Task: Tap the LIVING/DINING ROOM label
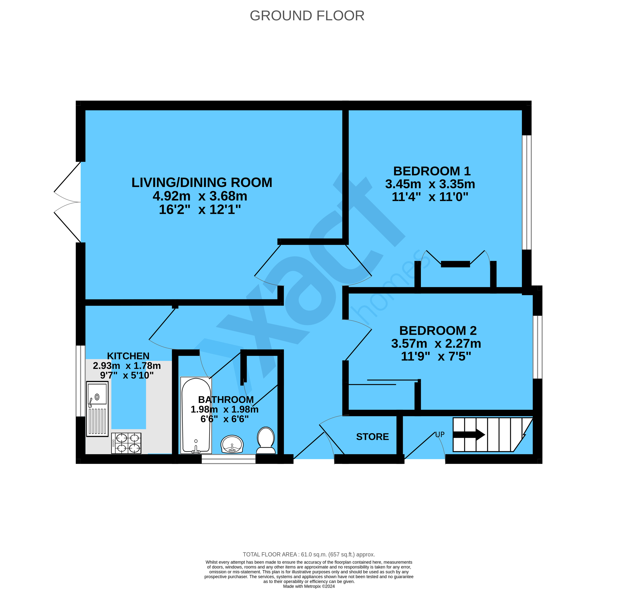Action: [x=202, y=182]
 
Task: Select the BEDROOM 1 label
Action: [x=432, y=171]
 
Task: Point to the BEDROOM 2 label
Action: [x=438, y=331]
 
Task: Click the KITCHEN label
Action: [x=128, y=356]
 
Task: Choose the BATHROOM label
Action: [x=226, y=400]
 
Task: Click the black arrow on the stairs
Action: [x=469, y=435]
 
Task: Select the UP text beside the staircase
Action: [x=440, y=434]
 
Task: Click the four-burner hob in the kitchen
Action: [x=126, y=443]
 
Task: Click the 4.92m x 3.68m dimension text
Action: [x=200, y=196]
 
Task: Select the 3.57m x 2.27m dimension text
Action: [x=436, y=343]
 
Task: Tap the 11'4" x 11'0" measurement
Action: [x=430, y=197]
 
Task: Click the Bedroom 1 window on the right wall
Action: [x=527, y=192]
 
